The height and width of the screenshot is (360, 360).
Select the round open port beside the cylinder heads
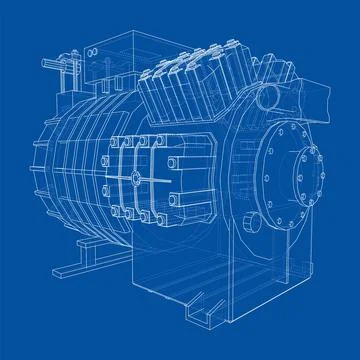point(268,98)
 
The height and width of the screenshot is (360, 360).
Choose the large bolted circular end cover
point(290,174)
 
